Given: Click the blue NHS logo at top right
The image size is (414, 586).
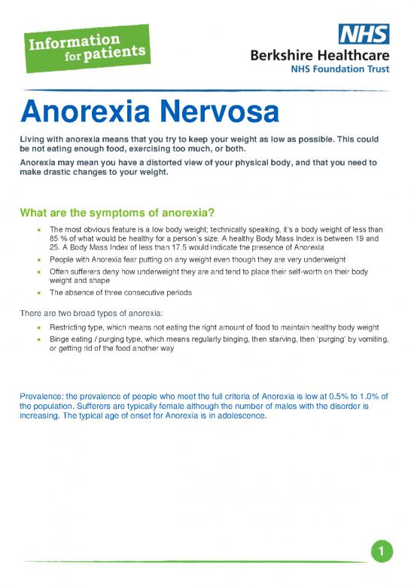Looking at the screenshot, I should point(364,34).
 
